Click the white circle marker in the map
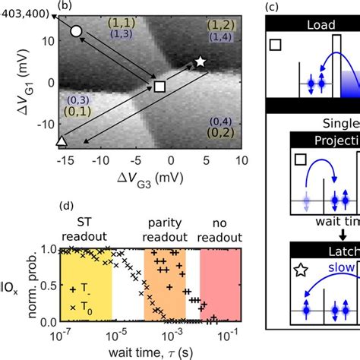pyautogui.click(x=75, y=32)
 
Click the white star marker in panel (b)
pyautogui.click(x=201, y=61)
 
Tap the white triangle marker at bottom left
pyautogui.click(x=62, y=141)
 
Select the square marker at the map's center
pyautogui.click(x=159, y=87)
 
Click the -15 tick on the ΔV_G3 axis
pyautogui.click(x=62, y=161)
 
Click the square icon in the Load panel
pyautogui.click(x=276, y=46)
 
